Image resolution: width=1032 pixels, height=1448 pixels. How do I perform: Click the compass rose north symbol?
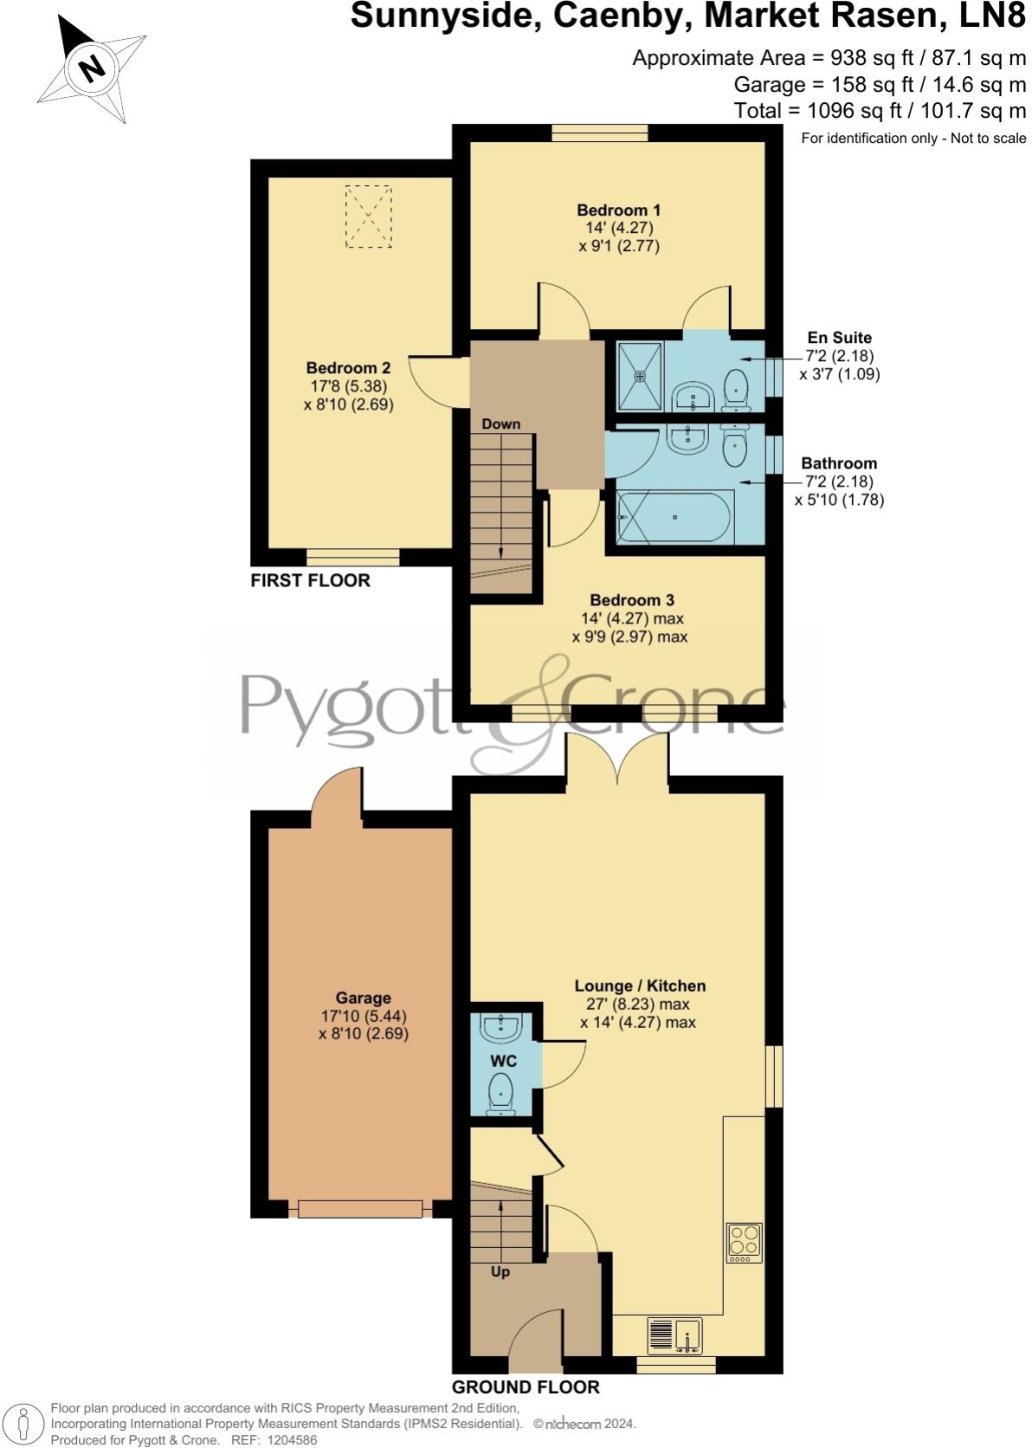91,68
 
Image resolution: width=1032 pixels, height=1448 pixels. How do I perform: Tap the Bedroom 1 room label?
618,210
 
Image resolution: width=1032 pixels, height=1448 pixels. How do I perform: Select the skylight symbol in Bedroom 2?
368,216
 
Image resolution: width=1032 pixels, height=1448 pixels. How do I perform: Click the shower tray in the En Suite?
640,376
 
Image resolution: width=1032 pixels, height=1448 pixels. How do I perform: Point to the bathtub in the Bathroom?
675,517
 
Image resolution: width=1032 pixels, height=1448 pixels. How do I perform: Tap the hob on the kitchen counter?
744,1243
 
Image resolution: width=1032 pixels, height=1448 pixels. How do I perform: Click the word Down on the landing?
500,423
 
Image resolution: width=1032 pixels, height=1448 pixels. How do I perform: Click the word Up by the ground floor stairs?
500,1271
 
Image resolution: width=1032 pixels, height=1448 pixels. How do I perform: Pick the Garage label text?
363,998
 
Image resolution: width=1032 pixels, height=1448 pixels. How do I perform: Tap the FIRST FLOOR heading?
310,580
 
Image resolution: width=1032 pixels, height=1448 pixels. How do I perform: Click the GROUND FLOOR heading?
526,1387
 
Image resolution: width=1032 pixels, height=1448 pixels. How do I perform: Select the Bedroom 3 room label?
632,600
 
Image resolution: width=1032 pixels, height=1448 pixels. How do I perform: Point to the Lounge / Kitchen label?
640,986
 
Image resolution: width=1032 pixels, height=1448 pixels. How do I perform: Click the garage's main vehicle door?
360,1208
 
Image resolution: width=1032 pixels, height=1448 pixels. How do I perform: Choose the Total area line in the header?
879,110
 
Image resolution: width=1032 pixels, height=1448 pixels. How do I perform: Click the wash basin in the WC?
501,1028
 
